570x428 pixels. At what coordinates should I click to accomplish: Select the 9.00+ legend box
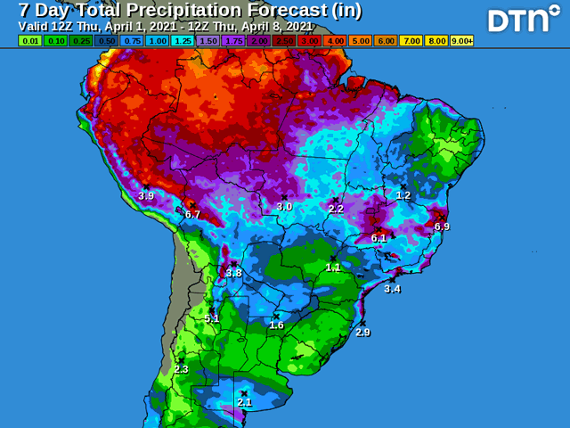pos(462,40)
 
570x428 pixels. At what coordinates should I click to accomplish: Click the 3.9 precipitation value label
pos(146,195)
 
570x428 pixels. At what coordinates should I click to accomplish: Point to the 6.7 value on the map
pos(192,215)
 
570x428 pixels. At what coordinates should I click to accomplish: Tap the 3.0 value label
pos(284,206)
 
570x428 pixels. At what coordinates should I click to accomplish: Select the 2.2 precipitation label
pos(336,209)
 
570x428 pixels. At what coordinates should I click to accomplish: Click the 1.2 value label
pos(403,195)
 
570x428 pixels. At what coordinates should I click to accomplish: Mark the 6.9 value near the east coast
pos(442,226)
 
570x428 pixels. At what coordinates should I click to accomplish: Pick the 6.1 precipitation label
pos(379,238)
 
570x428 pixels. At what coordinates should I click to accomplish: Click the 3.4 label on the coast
pos(392,289)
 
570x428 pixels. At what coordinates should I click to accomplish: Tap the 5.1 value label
pos(212,318)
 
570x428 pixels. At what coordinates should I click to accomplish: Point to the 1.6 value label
pos(276,325)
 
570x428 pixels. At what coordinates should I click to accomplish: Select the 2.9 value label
pos(362,332)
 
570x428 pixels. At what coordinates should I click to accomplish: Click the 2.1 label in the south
pos(244,402)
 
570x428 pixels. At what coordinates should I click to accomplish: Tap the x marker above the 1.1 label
pos(333,259)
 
